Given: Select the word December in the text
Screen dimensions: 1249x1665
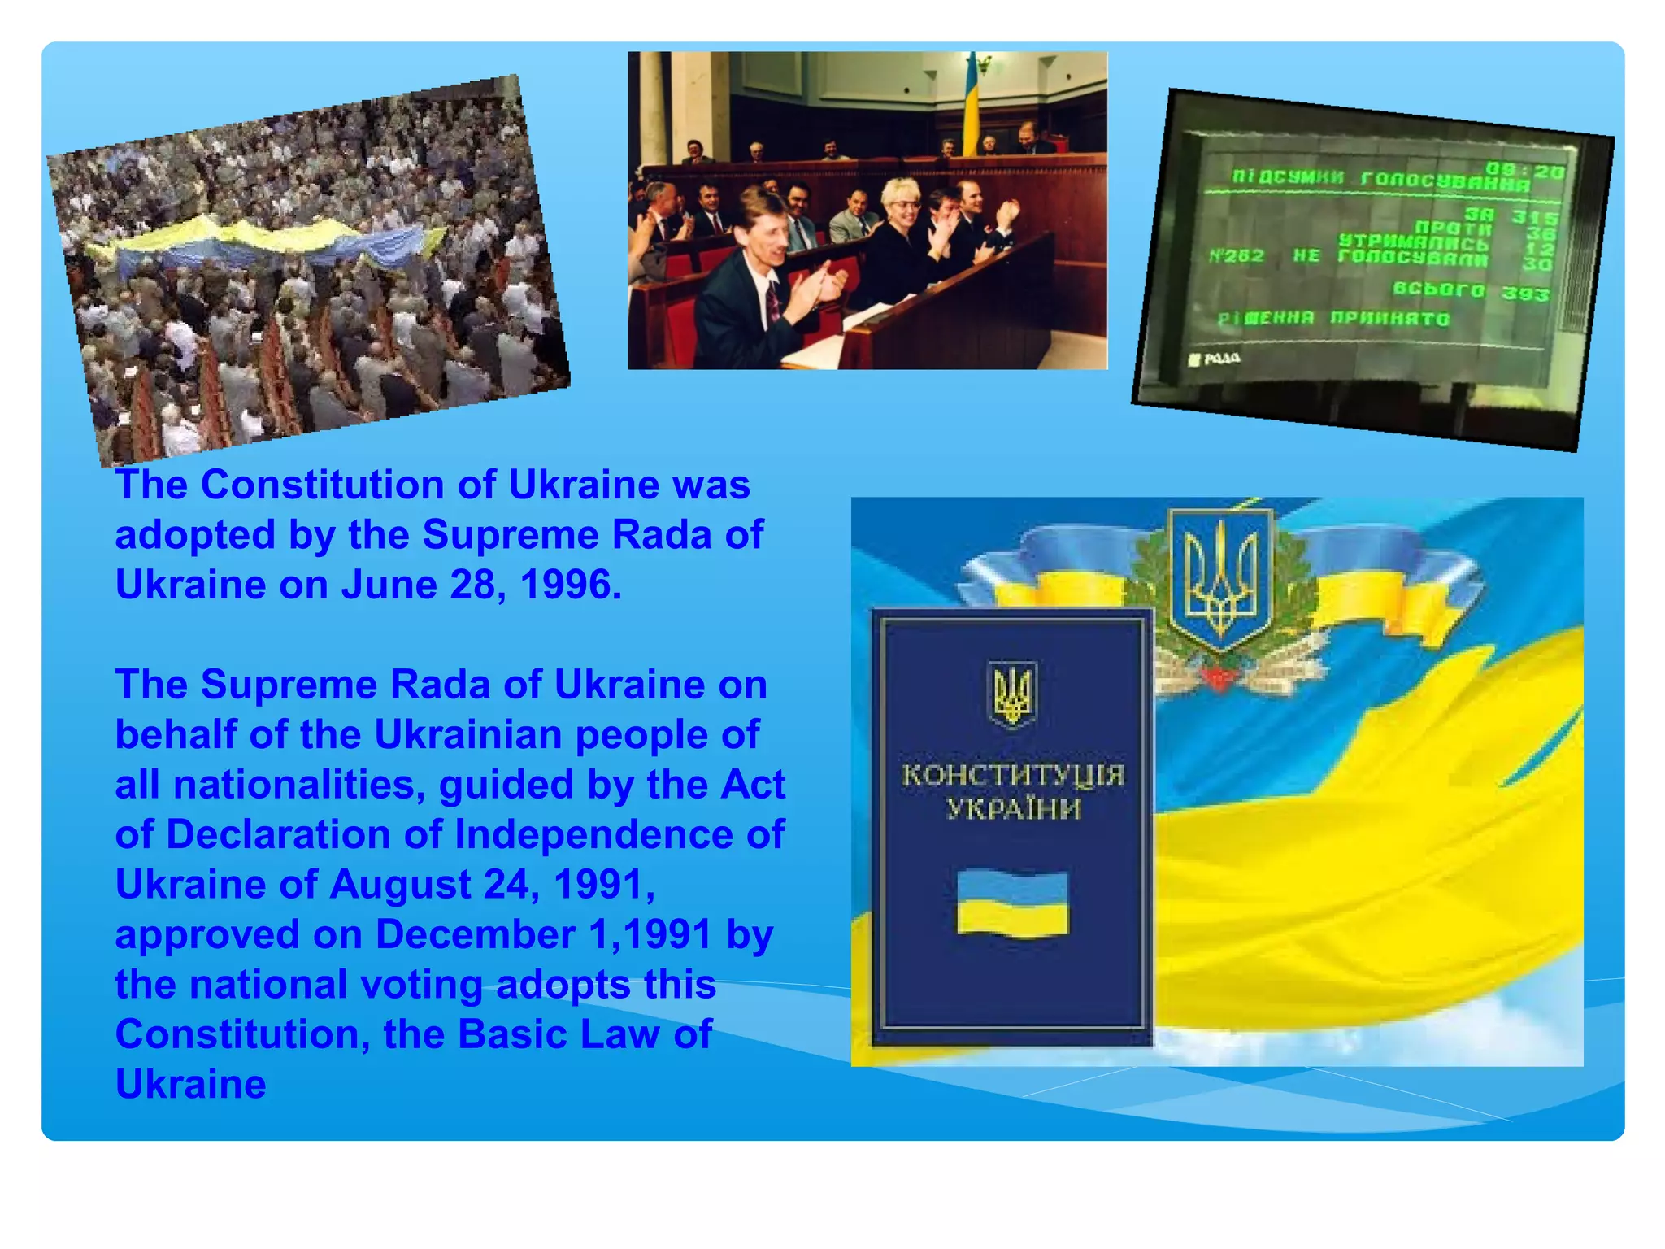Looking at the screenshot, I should [475, 935].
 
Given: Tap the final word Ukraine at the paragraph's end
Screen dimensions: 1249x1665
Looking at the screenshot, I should [191, 1085].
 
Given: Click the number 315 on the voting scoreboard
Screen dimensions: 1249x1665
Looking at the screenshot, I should [1534, 218].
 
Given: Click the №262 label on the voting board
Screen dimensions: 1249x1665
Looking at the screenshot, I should [1236, 256].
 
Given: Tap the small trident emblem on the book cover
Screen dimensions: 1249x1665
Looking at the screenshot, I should [1012, 692].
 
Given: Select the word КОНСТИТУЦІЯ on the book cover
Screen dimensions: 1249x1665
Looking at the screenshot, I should [1012, 775].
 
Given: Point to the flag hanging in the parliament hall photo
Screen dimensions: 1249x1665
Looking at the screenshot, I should [971, 106].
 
